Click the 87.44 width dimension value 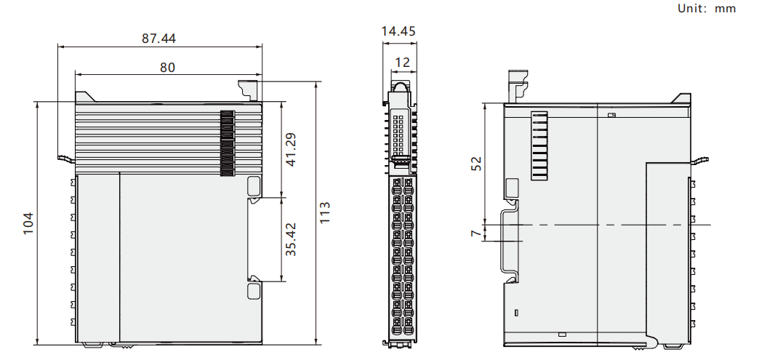click(x=158, y=38)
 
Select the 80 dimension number click(x=167, y=67)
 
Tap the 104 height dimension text click(x=28, y=223)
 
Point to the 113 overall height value click(x=324, y=212)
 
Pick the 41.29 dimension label click(x=291, y=149)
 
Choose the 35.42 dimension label click(x=291, y=239)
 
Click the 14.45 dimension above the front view click(x=398, y=31)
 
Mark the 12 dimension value click(x=403, y=63)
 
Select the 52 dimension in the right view click(x=476, y=163)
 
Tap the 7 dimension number click(x=475, y=233)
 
